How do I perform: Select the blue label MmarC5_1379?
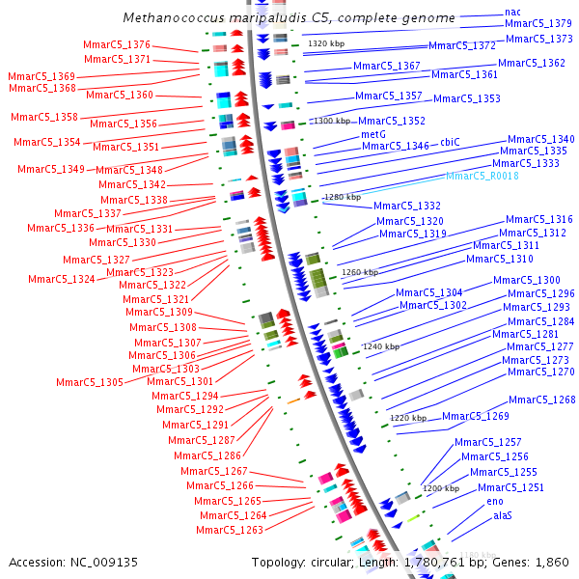point(538,23)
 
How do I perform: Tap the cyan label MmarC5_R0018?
point(482,176)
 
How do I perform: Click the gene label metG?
point(373,134)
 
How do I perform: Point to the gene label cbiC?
point(451,142)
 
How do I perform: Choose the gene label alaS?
point(503,516)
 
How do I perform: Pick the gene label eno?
point(495,502)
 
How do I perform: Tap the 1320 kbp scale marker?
point(325,43)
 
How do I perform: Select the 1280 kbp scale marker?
point(342,197)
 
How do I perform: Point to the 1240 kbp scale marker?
point(380,345)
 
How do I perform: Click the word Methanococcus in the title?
point(168,18)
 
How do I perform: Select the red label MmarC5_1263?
point(230,530)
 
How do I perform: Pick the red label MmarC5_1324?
point(62,279)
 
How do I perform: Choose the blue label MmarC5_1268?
point(541,400)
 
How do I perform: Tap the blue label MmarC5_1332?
point(407,207)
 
